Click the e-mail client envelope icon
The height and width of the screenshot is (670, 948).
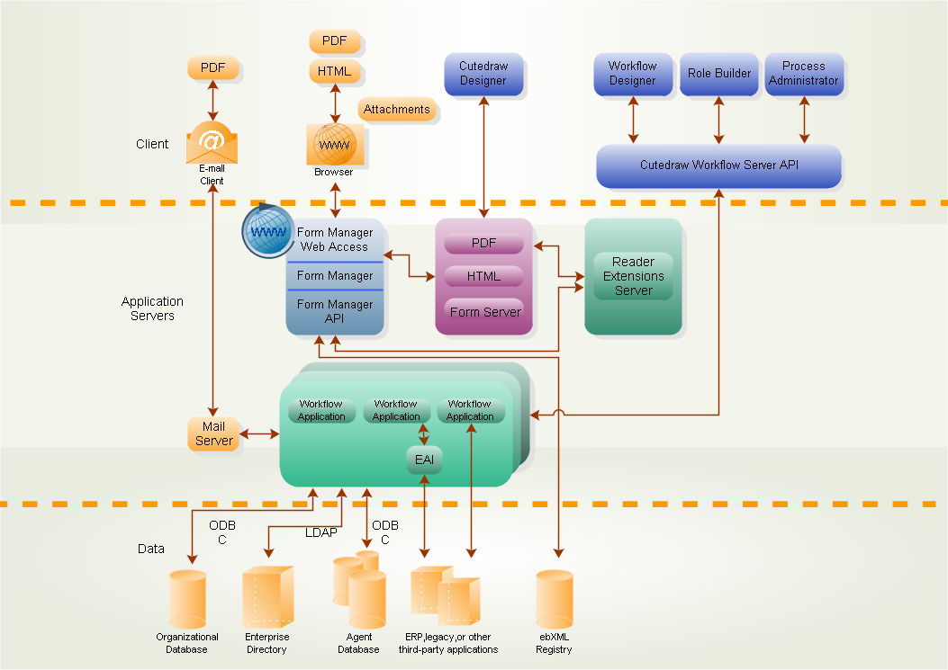click(x=212, y=143)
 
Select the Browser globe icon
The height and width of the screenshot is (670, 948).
click(x=335, y=144)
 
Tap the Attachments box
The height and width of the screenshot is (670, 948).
click(x=397, y=110)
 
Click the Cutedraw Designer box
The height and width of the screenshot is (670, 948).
click(x=483, y=74)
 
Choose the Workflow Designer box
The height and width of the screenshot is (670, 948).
click(x=633, y=74)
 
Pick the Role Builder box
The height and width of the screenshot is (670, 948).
click(x=718, y=74)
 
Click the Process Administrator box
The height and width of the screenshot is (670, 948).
click(x=804, y=74)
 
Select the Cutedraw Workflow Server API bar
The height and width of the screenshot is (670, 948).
click(x=718, y=165)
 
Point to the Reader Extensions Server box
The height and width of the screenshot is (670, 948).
click(x=633, y=276)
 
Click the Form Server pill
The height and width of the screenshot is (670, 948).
click(x=484, y=312)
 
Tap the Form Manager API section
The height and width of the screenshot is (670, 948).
click(x=335, y=311)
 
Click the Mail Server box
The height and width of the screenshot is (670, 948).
click(x=213, y=433)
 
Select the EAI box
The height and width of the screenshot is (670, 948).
click(x=423, y=460)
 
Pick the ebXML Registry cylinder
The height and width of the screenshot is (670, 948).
click(x=554, y=599)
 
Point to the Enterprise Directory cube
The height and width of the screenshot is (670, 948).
click(x=266, y=597)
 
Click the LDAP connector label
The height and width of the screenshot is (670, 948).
click(x=321, y=532)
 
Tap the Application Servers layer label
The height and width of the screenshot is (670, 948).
click(x=152, y=308)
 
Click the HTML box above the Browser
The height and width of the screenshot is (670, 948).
click(x=335, y=71)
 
